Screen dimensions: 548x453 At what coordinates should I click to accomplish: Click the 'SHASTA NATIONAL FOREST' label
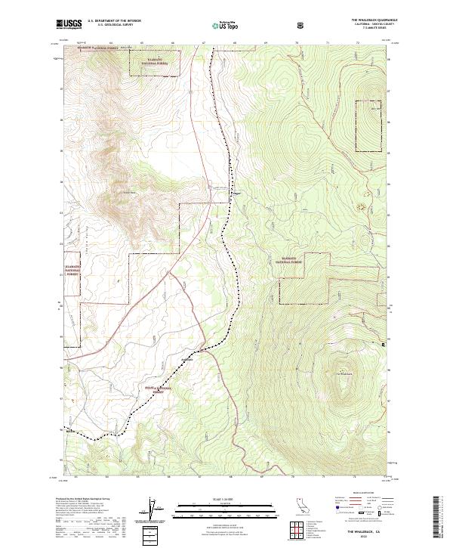[159, 389]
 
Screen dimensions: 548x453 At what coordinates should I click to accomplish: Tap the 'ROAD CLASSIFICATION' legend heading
[362, 494]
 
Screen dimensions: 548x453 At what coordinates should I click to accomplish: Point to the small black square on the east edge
[383, 345]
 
